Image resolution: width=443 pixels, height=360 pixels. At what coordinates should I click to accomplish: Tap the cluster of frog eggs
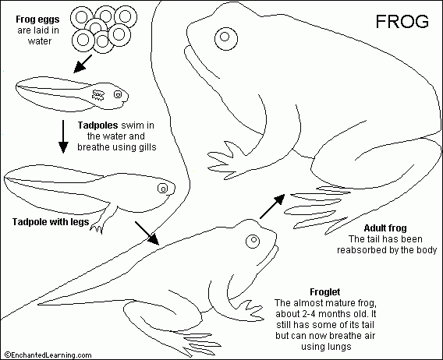click(101, 27)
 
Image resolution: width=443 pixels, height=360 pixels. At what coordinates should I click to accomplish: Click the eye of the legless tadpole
click(119, 95)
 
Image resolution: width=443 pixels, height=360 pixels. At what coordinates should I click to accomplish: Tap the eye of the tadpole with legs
click(163, 188)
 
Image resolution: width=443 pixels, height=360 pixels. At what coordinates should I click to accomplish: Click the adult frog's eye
click(225, 36)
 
